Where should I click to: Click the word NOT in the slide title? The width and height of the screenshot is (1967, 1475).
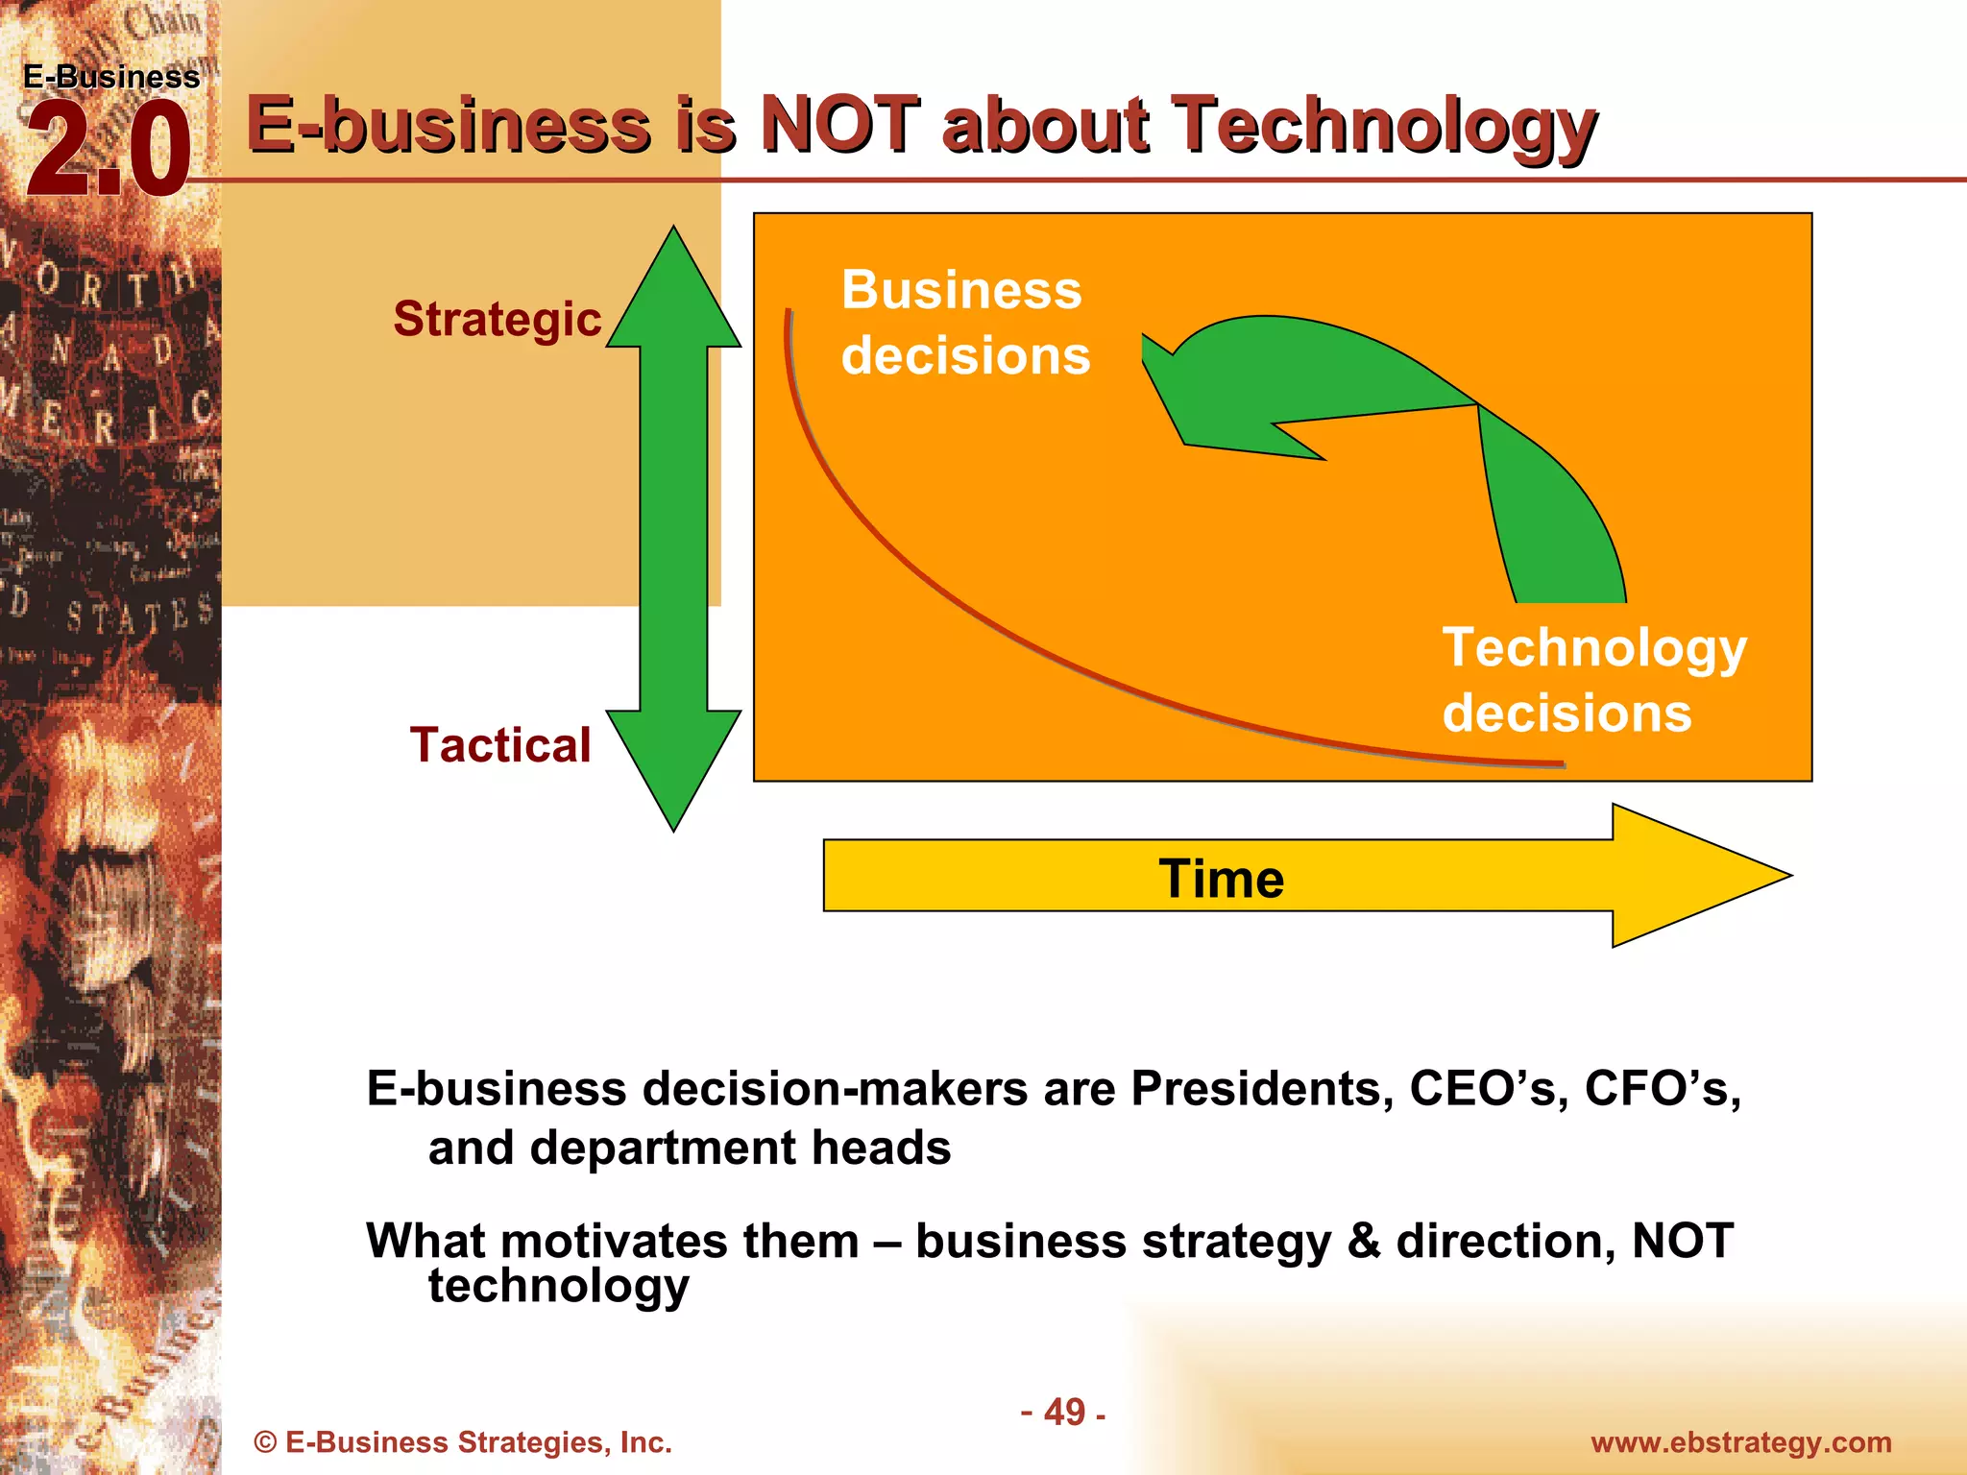839,125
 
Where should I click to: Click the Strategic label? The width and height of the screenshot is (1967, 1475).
497,319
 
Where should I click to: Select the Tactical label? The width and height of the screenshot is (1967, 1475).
499,745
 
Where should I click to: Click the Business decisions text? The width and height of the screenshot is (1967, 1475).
964,323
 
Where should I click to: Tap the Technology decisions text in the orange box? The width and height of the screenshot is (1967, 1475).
1592,680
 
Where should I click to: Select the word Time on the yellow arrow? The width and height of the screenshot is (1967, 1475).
1221,879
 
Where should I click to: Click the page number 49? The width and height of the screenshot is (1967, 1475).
1064,1413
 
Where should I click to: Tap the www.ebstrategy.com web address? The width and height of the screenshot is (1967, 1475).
1740,1442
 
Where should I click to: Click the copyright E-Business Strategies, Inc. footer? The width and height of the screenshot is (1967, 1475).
463,1442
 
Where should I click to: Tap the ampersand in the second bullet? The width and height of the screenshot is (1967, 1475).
1363,1241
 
